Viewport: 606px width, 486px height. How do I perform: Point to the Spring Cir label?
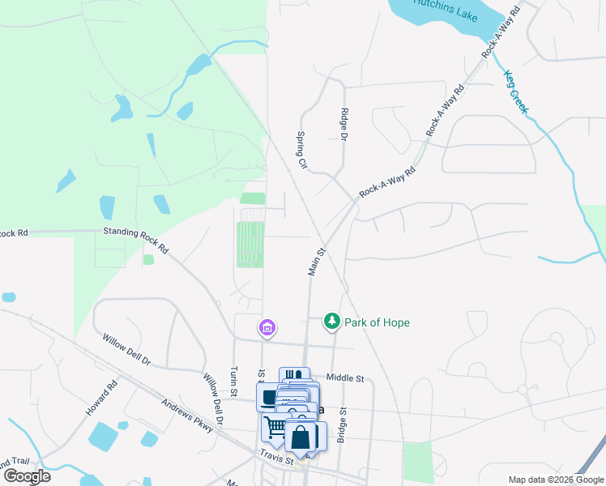coord(302,150)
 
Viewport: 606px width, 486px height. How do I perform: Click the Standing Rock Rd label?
coord(135,241)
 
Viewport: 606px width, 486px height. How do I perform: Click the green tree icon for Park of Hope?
coord(331,322)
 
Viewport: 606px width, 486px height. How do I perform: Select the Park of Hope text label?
coord(377,322)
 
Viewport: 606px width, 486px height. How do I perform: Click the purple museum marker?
coord(267,328)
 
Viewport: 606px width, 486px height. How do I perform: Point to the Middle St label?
coord(346,377)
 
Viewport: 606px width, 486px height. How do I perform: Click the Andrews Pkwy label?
coord(187,416)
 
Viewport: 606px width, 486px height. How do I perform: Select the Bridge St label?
coord(342,424)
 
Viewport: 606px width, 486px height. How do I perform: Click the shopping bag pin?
coord(300,437)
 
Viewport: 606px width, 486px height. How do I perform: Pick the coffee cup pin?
coord(269,396)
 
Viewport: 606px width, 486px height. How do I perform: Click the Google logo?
coord(26,475)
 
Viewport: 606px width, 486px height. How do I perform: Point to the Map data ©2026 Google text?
coord(555,480)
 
